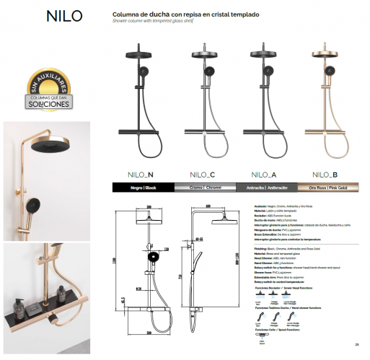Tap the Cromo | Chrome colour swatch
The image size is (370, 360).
[x=203, y=187]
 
